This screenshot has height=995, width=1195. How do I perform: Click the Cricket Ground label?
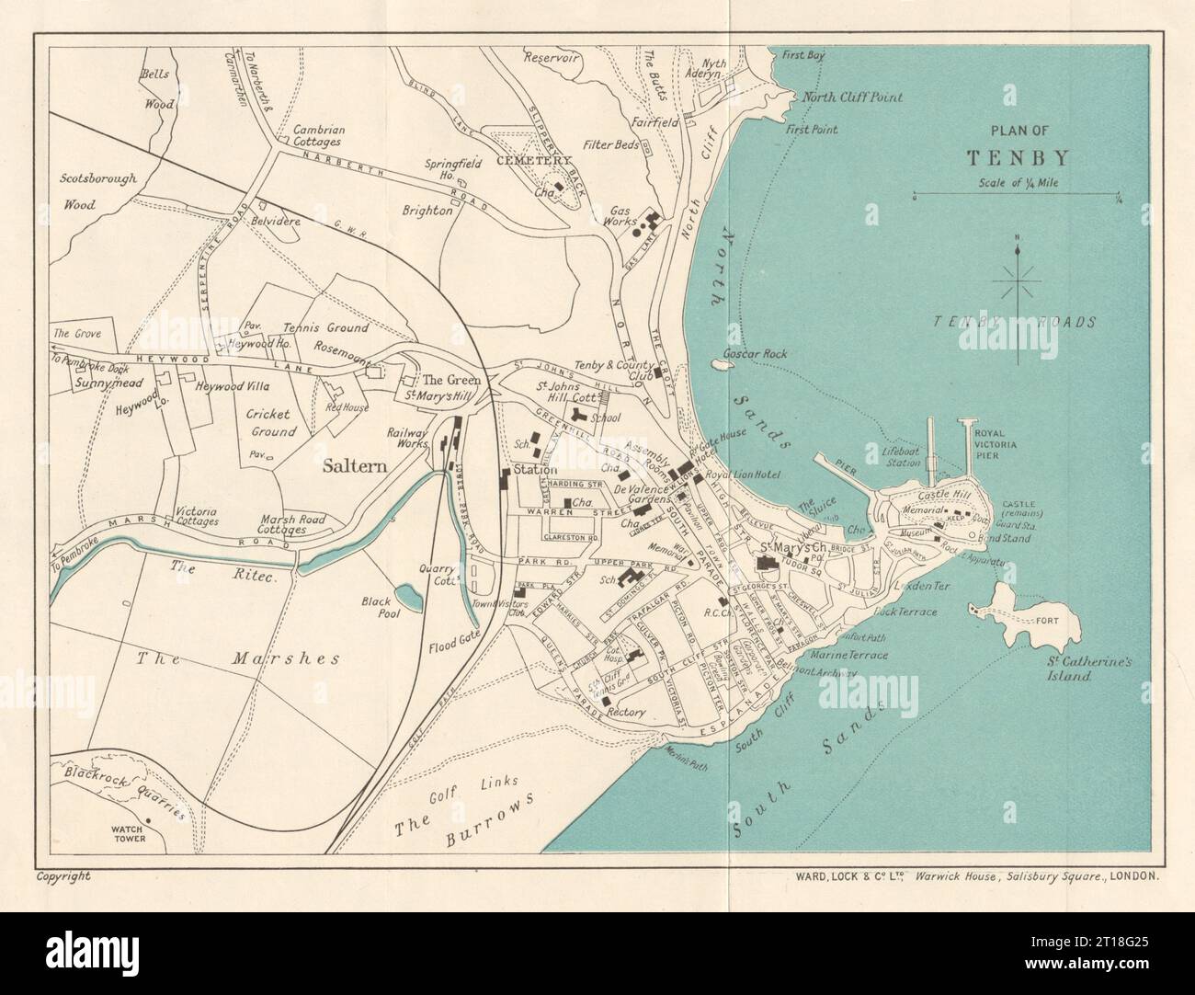269,422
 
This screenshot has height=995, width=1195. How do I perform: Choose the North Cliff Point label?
852,97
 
